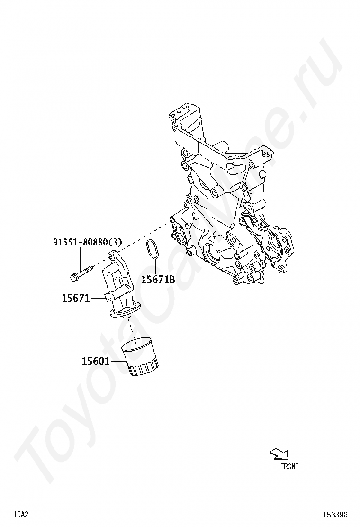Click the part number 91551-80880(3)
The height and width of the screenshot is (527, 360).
pyautogui.click(x=87, y=242)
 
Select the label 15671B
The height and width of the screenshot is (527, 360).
pyautogui.click(x=158, y=279)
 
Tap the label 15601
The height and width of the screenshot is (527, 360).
pyautogui.click(x=96, y=361)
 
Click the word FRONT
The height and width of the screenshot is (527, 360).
pyautogui.click(x=289, y=466)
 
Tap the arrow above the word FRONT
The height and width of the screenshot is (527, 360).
pyautogui.click(x=279, y=454)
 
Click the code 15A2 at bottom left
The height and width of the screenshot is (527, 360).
pyautogui.click(x=21, y=514)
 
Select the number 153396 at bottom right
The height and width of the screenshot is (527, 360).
pyautogui.click(x=335, y=515)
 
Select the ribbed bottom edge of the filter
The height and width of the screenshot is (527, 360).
pyautogui.click(x=144, y=371)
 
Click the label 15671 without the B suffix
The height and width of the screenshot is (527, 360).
pyautogui.click(x=76, y=298)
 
